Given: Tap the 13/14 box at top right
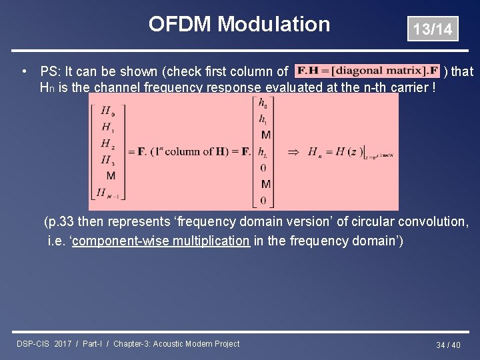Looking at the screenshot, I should click(433, 29).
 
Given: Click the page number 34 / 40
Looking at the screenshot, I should click(448, 345).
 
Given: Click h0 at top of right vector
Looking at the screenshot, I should click(265, 103).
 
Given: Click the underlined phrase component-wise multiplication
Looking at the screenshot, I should click(160, 241).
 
